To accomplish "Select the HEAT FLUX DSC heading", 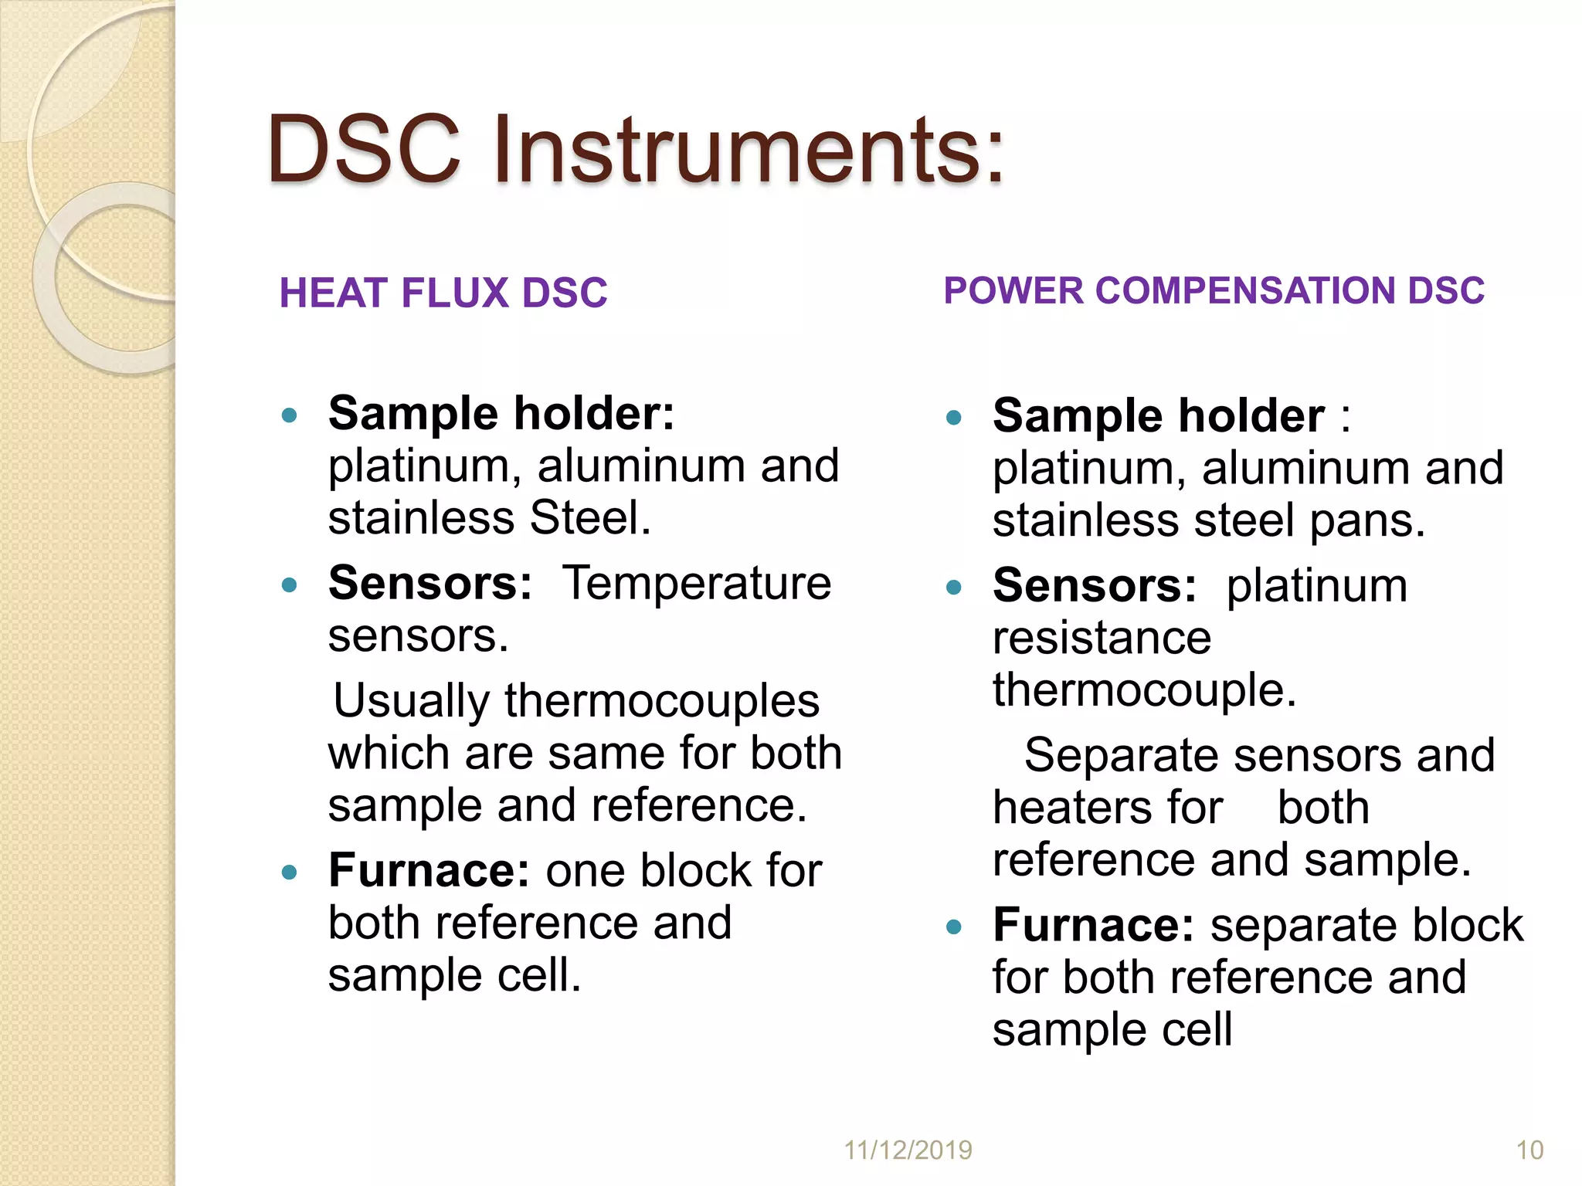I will tap(443, 293).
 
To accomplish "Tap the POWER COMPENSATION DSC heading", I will tap(1214, 291).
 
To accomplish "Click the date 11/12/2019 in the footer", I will tap(908, 1150).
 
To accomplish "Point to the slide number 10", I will tap(1529, 1150).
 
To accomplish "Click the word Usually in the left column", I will tap(411, 701).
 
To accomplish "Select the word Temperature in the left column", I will tap(697, 583).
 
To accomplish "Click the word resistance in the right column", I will tap(1102, 639).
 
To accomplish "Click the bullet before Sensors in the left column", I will tap(290, 585).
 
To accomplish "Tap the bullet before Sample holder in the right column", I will tap(954, 418).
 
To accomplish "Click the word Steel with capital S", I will tap(590, 518).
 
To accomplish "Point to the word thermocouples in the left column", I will tap(662, 701).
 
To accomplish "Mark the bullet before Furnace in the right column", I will tap(954, 927).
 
